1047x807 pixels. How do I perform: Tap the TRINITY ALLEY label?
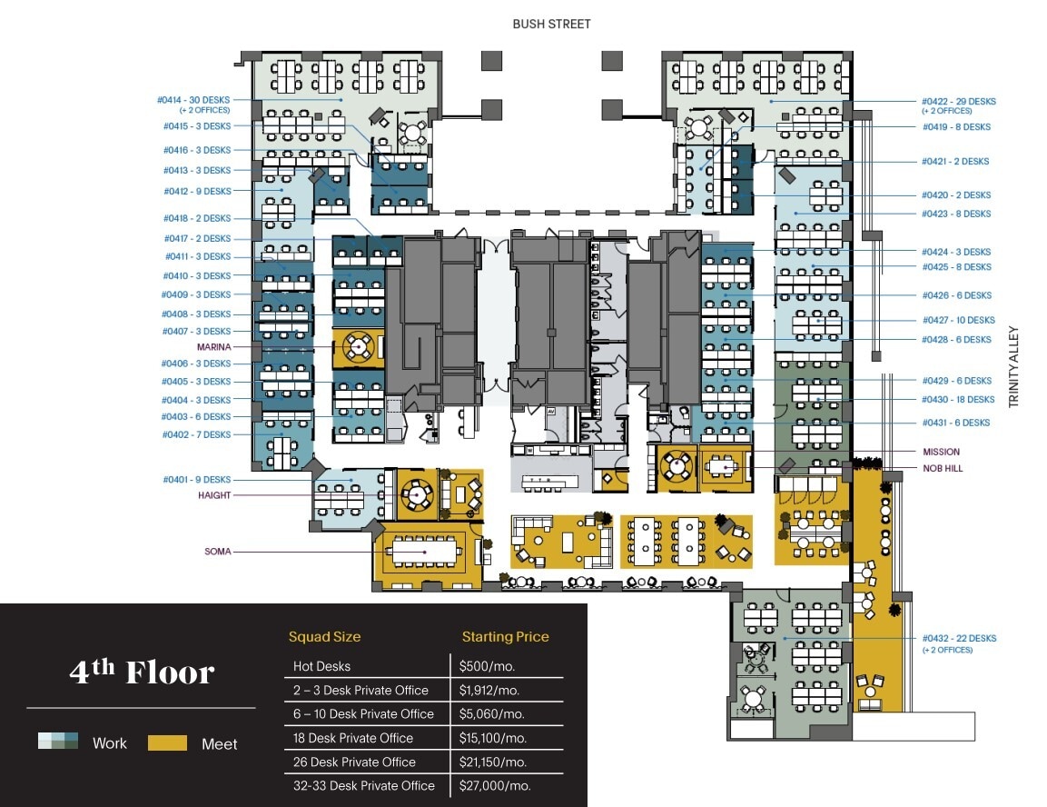[x=1014, y=368]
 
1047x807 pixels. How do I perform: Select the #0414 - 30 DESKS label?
[x=193, y=100]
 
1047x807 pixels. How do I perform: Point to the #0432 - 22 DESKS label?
[x=959, y=638]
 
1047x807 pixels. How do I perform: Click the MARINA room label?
[x=213, y=347]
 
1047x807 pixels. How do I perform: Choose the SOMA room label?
[x=217, y=552]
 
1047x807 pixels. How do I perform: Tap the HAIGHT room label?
[x=214, y=495]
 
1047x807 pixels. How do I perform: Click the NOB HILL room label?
[x=943, y=469]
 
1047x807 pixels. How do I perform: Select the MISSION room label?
[x=941, y=452]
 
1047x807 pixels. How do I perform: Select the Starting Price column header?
[x=505, y=637]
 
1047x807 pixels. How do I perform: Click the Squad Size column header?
[x=324, y=637]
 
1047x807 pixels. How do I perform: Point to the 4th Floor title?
[x=142, y=672]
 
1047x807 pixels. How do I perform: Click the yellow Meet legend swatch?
[x=167, y=743]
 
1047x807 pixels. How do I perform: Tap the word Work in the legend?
[x=110, y=743]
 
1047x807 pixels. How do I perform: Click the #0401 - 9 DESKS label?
[x=196, y=480]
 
